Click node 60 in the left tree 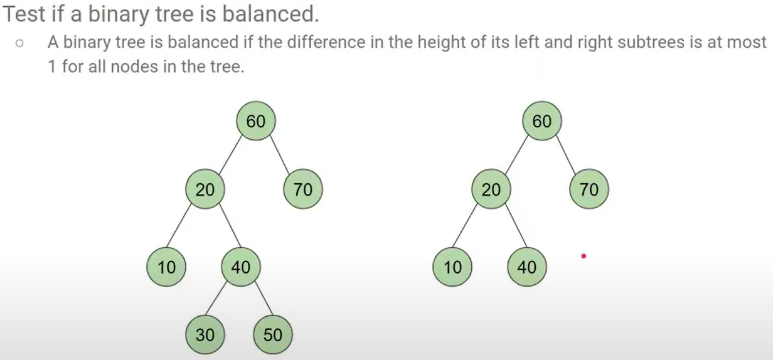coord(255,121)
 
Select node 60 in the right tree coord(541,121)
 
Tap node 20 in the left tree coord(205,189)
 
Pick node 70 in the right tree coord(589,189)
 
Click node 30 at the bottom coord(205,335)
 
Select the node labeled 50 coord(272,335)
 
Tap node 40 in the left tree coord(241,267)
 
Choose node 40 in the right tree coord(527,267)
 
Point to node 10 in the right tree coord(452,267)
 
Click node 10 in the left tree coord(166,267)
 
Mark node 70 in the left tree coord(303,189)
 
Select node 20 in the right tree coord(491,189)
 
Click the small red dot coord(584,256)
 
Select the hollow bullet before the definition coord(20,44)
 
